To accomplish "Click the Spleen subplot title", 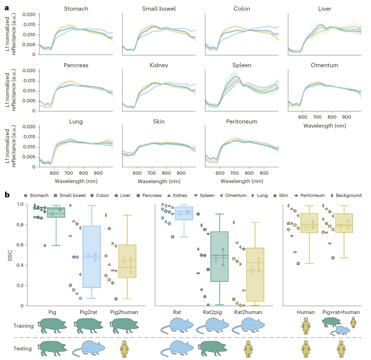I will (x=242, y=65).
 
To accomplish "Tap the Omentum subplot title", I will (x=324, y=65).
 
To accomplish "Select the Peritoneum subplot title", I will (x=242, y=121).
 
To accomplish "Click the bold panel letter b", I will (x=7, y=195).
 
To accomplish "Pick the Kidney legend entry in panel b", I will (x=178, y=195).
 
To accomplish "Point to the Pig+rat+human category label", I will (x=341, y=312).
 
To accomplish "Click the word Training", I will (x=23, y=326).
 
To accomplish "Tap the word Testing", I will (x=23, y=348).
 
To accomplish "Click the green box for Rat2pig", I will (x=220, y=257).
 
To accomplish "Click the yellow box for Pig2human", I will (x=127, y=261).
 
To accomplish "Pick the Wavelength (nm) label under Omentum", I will (x=324, y=126).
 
